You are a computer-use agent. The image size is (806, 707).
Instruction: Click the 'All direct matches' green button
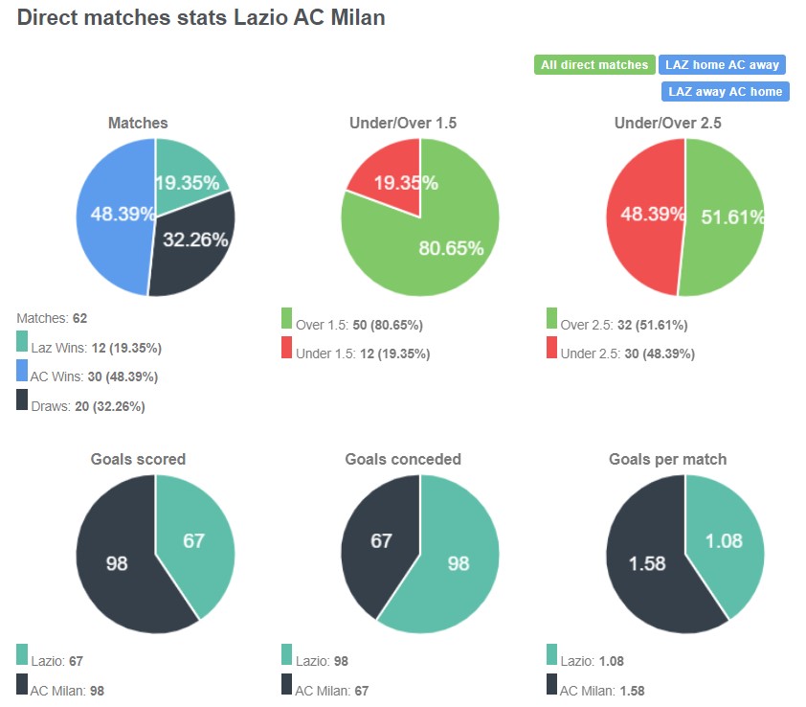pyautogui.click(x=594, y=65)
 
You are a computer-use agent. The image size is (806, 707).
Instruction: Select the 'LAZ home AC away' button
pyautogui.click(x=722, y=65)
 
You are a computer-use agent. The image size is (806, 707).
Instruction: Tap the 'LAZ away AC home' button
pyautogui.click(x=725, y=92)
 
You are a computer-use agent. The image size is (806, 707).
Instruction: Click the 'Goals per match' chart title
pyautogui.click(x=667, y=459)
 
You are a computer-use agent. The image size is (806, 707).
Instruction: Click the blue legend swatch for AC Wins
pyautogui.click(x=22, y=372)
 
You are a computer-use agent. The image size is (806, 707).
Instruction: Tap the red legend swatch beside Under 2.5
pyautogui.click(x=552, y=349)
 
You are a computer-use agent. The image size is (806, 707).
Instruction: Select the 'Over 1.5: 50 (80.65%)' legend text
pyautogui.click(x=359, y=325)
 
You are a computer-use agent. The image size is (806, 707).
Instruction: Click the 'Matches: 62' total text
pyautogui.click(x=52, y=317)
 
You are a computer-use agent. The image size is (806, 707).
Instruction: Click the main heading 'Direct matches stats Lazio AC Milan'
pyautogui.click(x=201, y=18)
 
